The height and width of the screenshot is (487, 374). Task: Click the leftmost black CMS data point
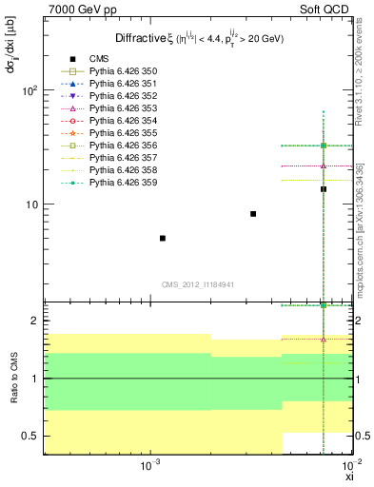[163, 238]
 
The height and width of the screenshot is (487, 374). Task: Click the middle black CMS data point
[253, 214]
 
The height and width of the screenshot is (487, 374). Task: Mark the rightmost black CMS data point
[324, 188]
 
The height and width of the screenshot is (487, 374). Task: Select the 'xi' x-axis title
[348, 477]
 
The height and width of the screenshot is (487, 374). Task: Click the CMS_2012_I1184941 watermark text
[197, 284]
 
